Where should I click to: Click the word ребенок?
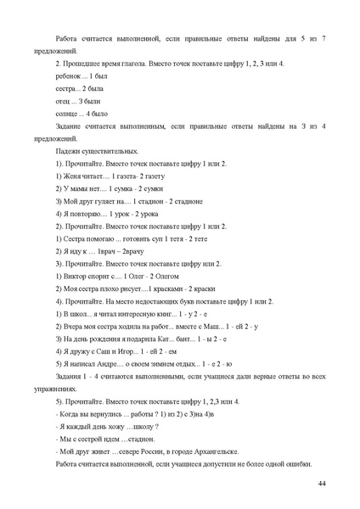coord(66,76)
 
